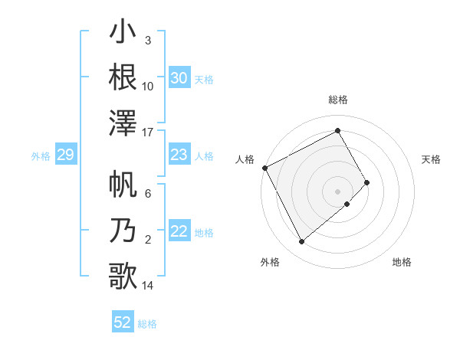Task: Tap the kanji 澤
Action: coord(123,123)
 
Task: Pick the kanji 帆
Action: coord(123,186)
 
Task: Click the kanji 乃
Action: coord(123,231)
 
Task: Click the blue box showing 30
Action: coord(179,78)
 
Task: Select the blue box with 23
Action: coord(179,155)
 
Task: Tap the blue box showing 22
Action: coord(179,232)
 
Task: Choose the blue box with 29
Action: coord(65,155)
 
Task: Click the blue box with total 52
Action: coord(123,323)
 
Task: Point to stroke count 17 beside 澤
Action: coord(148,133)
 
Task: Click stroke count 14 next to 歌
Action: coord(148,286)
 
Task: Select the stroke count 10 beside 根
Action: coord(148,86)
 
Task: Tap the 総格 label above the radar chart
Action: coord(338,100)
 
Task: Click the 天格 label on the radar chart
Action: coord(432,159)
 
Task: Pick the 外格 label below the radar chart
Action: coord(270,262)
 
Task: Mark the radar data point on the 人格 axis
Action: coord(264,168)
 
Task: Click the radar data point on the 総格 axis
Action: coord(338,130)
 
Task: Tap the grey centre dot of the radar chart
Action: coord(338,190)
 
